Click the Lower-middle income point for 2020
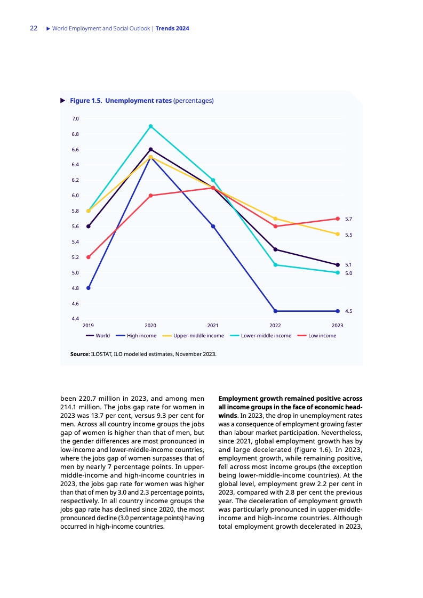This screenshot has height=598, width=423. tap(150, 126)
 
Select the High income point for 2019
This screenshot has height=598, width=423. tap(88, 288)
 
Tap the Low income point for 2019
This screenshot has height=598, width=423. tap(88, 257)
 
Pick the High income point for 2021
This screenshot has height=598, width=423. tap(213, 227)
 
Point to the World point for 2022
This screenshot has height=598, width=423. tap(275, 249)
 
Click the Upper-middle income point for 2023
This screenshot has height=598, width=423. tap(338, 234)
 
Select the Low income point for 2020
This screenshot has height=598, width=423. tap(150, 196)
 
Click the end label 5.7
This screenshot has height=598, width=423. tap(348, 219)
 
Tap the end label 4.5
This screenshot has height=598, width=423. tap(348, 311)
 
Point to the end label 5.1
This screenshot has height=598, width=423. tap(348, 264)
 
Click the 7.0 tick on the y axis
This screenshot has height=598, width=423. tap(75, 118)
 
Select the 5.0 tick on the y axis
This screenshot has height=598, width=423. tap(75, 273)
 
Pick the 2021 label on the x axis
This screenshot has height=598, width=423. tap(213, 325)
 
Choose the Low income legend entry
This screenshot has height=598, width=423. tap(322, 336)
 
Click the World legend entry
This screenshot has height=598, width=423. tap(102, 336)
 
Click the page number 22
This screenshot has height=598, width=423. tap(33, 28)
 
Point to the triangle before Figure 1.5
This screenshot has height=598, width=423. tap(62, 100)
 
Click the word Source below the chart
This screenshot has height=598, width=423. tap(79, 353)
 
